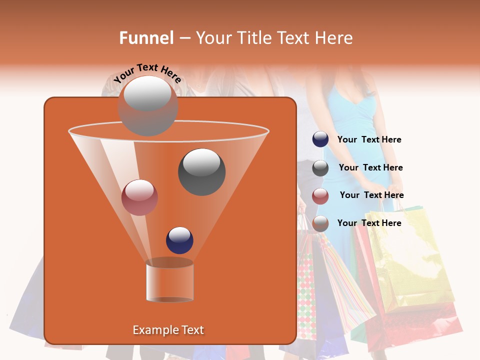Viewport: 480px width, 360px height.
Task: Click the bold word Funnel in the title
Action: tap(146, 38)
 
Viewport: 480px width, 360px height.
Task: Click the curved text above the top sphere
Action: tap(147, 73)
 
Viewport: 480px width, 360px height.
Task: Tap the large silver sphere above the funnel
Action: tap(147, 105)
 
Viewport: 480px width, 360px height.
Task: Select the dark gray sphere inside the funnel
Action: tap(201, 171)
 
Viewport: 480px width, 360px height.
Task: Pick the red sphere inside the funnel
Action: tap(139, 197)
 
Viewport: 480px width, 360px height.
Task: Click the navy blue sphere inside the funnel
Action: tap(179, 240)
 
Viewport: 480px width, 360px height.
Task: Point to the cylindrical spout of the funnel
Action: tap(169, 281)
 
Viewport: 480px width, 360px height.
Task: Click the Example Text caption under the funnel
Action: tap(168, 330)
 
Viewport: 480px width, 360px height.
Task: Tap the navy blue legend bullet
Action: tap(320, 139)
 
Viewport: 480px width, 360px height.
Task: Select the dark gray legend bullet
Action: tap(320, 168)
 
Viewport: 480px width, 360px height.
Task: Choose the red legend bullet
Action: tap(320, 196)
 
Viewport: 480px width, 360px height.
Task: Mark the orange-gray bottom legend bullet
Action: tap(320, 223)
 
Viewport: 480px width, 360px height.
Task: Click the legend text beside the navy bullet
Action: tap(369, 140)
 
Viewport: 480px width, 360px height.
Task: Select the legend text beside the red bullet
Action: tap(371, 195)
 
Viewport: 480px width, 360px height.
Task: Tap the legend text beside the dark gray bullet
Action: tap(370, 168)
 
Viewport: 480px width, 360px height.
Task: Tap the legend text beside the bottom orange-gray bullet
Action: tap(369, 223)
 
